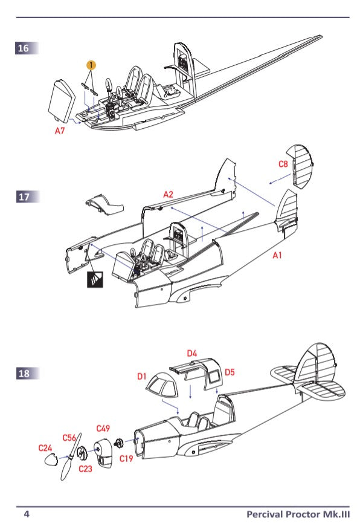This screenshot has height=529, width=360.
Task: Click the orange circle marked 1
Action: pyautogui.click(x=91, y=64)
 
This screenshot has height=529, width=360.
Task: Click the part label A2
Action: pyautogui.click(x=168, y=194)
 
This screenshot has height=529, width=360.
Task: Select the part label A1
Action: pyautogui.click(x=277, y=256)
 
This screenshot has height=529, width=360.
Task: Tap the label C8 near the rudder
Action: pyautogui.click(x=283, y=164)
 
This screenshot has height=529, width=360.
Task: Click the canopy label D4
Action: pyautogui.click(x=192, y=353)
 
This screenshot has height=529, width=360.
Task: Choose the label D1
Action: pyautogui.click(x=142, y=377)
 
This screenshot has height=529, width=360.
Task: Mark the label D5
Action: pyautogui.click(x=230, y=372)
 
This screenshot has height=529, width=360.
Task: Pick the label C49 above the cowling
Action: pyautogui.click(x=103, y=429)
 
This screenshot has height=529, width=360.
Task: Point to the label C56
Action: pyautogui.click(x=69, y=438)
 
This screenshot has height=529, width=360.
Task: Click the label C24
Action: pyautogui.click(x=45, y=448)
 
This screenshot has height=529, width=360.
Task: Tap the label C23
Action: pyautogui.click(x=85, y=468)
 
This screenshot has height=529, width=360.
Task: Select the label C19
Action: pyautogui.click(x=126, y=459)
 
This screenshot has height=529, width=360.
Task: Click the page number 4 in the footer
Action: pyautogui.click(x=26, y=514)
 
